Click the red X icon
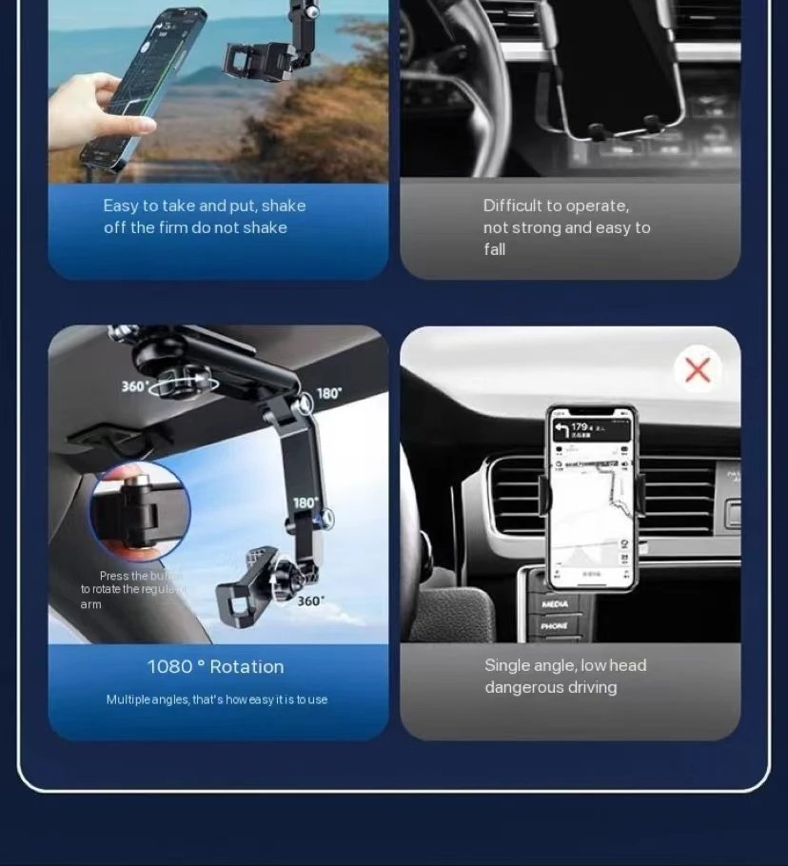coord(698,370)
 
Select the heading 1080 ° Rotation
coord(215,667)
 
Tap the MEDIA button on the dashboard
coord(555,604)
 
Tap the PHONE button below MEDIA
coord(554,626)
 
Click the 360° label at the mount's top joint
coord(135,386)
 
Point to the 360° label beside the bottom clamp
coord(310,600)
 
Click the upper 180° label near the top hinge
coord(329,393)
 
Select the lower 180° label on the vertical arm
coord(305,502)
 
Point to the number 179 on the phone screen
coord(581,426)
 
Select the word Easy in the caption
coord(121,206)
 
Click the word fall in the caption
coord(494,249)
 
